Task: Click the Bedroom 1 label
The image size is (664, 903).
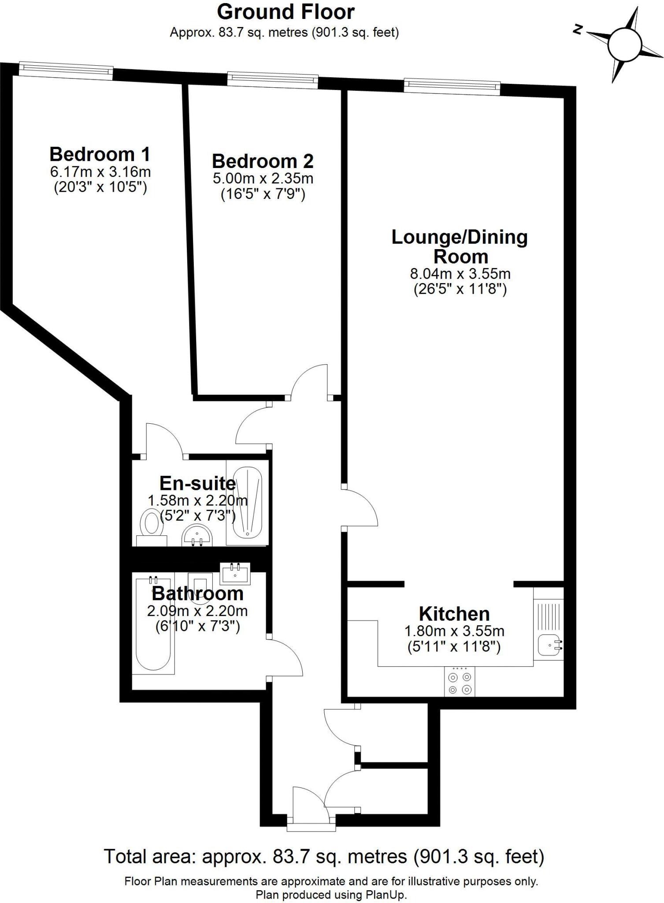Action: tap(100, 155)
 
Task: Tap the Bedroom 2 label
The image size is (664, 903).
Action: tap(263, 161)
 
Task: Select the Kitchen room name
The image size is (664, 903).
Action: tap(454, 614)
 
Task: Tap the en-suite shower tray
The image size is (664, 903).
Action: tap(247, 503)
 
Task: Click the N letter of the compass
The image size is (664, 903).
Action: tap(578, 30)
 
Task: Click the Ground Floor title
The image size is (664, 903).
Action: tap(286, 12)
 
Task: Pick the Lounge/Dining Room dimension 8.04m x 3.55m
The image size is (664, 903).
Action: tap(460, 274)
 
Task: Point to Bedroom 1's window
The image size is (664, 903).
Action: tap(66, 70)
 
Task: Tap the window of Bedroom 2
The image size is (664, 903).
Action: tap(273, 79)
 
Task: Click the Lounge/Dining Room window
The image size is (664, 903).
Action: tap(452, 85)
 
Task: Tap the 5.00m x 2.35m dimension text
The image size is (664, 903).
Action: tap(263, 179)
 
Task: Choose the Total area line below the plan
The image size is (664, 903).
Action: tap(324, 856)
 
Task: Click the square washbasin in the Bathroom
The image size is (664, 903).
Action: tap(235, 573)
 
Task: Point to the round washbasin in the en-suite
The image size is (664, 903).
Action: tap(197, 536)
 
